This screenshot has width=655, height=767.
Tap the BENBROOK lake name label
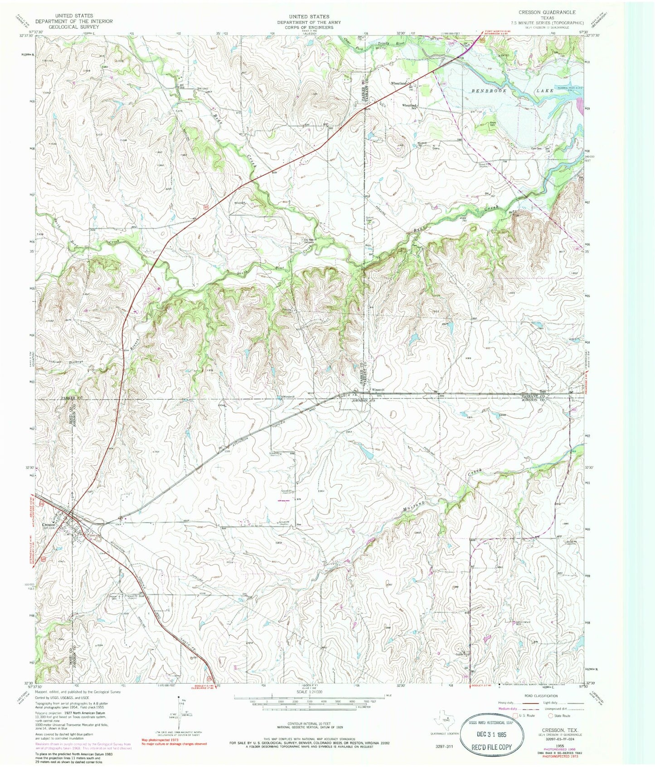(x=487, y=91)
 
